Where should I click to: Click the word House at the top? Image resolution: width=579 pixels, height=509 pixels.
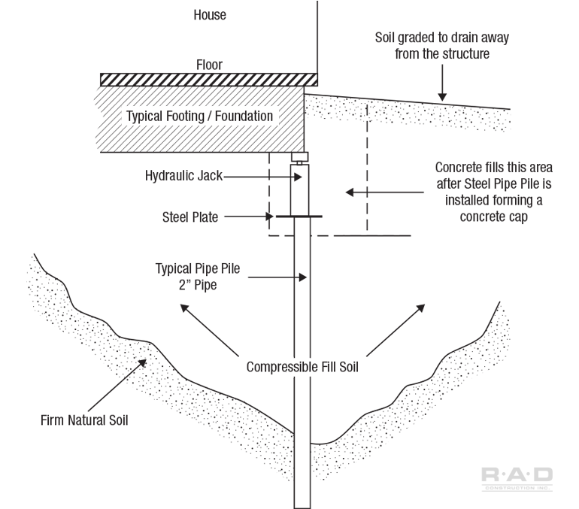tap(209, 14)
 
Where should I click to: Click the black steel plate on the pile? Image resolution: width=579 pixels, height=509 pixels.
tap(299, 217)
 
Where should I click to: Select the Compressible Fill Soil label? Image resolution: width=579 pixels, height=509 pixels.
tap(304, 368)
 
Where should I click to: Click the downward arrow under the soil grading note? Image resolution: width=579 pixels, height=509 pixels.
tap(443, 86)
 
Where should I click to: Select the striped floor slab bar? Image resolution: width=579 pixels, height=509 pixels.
tap(208, 79)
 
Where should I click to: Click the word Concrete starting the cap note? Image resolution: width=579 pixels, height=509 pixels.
tap(462, 167)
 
